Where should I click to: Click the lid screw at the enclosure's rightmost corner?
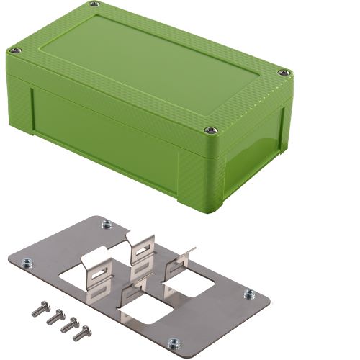(284, 73)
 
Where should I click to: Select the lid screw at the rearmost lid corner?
(95, 5)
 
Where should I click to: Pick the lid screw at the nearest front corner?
(210, 130)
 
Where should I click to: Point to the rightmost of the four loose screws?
(83, 333)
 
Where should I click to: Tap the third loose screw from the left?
(69, 325)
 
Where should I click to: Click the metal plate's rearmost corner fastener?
(107, 224)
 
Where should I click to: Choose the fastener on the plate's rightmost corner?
(249, 294)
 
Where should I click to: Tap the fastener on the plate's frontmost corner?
(173, 343)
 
